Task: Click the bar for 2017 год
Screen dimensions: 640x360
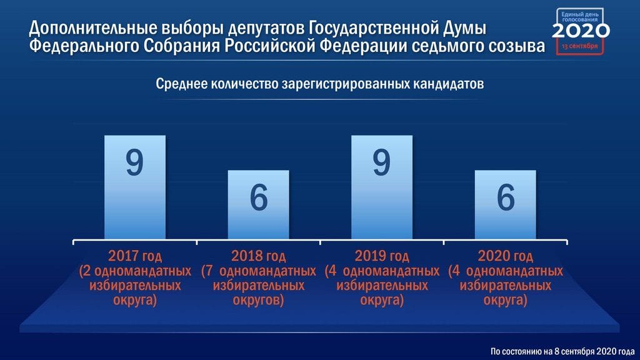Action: [135, 187]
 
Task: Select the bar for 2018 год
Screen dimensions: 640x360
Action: [258, 204]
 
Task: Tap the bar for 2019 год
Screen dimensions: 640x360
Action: [382, 187]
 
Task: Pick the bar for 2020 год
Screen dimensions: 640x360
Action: [505, 204]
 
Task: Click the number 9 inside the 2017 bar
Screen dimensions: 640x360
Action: [135, 162]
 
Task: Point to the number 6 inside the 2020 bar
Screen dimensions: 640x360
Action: [506, 197]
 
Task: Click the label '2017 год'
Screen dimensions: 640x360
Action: [135, 256]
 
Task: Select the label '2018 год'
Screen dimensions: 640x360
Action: [258, 256]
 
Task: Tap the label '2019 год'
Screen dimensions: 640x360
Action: [382, 256]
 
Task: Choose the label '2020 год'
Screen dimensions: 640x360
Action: [505, 256]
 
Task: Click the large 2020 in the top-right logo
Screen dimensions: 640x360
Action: [581, 31]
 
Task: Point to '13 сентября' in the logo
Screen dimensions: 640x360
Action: [579, 46]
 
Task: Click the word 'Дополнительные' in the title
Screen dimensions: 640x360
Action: [93, 28]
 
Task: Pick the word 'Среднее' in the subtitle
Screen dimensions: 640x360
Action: [181, 84]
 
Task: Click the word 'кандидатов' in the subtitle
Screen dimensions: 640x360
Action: [448, 84]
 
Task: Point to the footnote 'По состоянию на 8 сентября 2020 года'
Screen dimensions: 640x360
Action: [562, 351]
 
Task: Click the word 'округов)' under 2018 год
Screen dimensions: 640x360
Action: [258, 300]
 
